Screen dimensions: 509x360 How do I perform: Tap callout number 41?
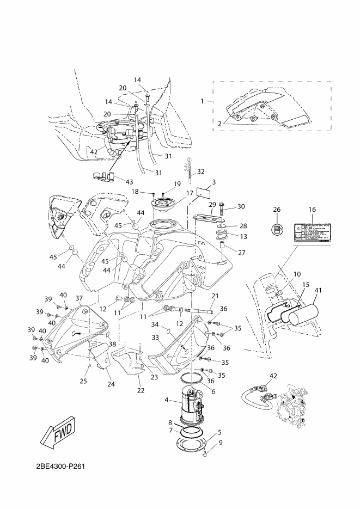[318, 290]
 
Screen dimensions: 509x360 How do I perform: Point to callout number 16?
[312, 210]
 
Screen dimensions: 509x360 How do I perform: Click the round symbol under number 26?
[277, 230]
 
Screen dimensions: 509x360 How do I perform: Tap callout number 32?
[201, 171]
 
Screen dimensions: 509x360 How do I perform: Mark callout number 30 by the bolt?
[241, 206]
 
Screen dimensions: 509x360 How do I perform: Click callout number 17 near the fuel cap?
[190, 193]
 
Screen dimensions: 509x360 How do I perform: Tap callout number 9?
[220, 441]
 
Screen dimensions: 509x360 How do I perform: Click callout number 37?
[79, 298]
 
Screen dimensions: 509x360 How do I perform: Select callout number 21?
[215, 296]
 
